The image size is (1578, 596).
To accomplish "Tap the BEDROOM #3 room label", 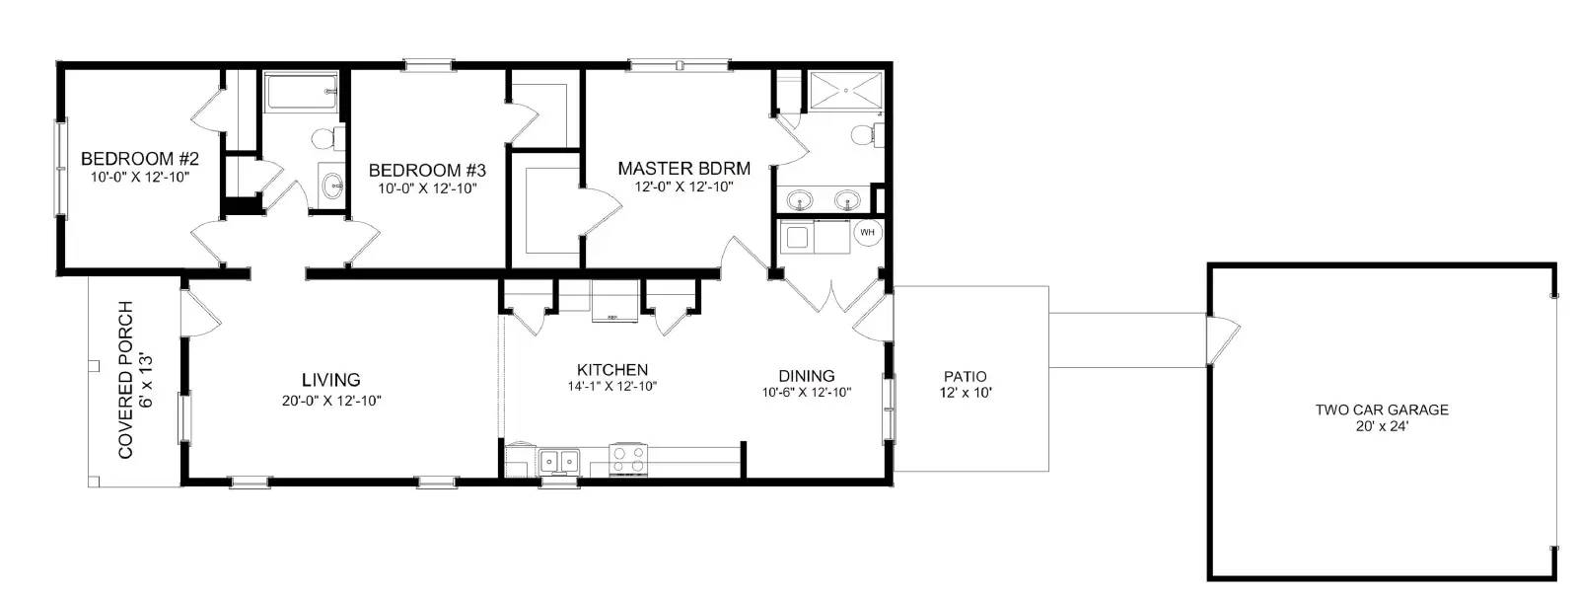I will [427, 170].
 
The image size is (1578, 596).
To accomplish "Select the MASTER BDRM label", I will [683, 168].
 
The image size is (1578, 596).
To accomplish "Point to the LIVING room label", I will [330, 379].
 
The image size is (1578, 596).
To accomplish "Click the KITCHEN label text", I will [611, 369].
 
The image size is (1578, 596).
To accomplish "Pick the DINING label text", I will [806, 375].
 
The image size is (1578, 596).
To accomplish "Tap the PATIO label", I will [965, 376].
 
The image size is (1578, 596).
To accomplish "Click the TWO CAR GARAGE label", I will [1381, 410].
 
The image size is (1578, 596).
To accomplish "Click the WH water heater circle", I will [868, 233].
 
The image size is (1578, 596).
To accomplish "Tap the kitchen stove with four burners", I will [629, 459].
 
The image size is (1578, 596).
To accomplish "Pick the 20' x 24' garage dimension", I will [1381, 426].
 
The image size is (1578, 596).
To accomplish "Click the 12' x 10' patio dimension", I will [965, 392].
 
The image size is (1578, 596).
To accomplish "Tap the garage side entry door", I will [1221, 338].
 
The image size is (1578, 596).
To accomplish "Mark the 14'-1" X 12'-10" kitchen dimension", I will [611, 386].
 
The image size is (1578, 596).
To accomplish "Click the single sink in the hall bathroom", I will [333, 184].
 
